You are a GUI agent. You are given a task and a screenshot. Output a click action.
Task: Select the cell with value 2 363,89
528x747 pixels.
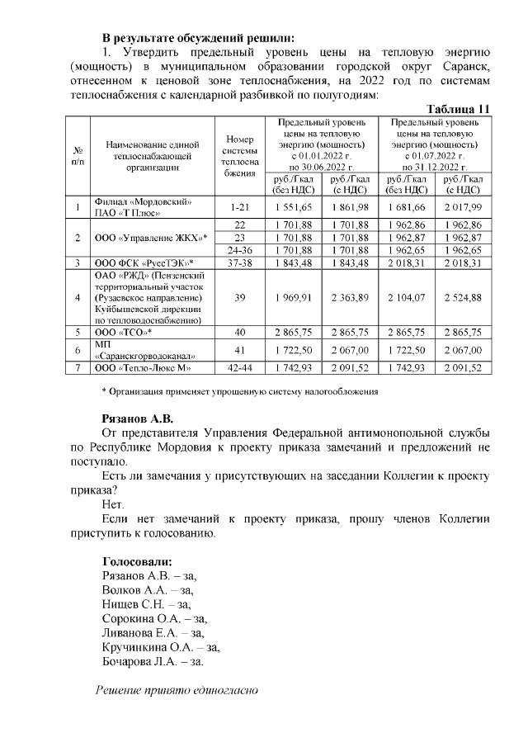click(x=349, y=297)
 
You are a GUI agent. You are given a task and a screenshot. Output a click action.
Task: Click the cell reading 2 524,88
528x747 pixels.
click(x=462, y=297)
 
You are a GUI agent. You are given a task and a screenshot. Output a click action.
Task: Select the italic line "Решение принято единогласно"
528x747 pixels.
click(x=177, y=690)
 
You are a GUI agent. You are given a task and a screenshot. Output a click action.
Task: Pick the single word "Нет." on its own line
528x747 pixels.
click(x=113, y=504)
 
